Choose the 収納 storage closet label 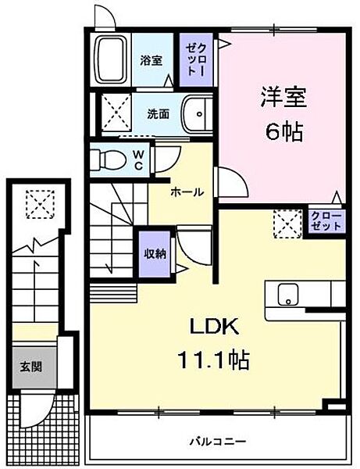(x=155, y=253)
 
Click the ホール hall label (x=187, y=192)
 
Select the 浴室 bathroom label (x=151, y=60)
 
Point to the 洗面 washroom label (x=159, y=113)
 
